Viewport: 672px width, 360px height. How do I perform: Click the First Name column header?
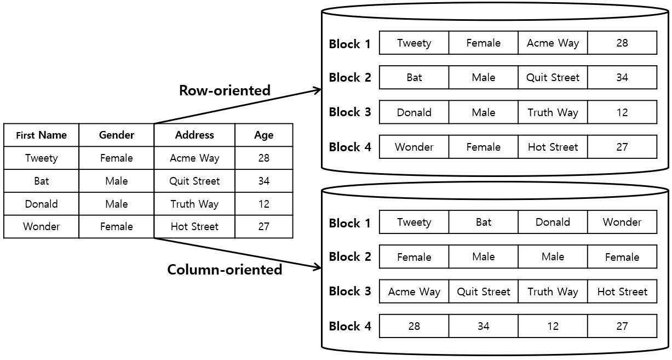[41, 135]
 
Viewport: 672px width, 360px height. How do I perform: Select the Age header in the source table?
[263, 135]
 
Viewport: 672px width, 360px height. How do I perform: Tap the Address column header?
[194, 135]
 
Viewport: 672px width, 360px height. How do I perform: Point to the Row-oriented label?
[225, 90]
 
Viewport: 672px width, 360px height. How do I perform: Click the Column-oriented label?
[225, 270]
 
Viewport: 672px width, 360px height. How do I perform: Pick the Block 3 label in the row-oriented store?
[350, 112]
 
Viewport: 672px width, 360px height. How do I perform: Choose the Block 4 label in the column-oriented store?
[350, 327]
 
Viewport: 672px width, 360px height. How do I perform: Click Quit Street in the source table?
[194, 181]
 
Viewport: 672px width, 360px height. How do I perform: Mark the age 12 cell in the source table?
[263, 204]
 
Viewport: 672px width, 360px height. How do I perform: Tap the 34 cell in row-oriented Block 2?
[622, 77]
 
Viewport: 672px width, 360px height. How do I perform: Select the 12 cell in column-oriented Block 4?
[553, 326]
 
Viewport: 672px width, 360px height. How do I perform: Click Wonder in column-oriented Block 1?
[622, 222]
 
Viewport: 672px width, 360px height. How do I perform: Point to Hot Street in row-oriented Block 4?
[553, 147]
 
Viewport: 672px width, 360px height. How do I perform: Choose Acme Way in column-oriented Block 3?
[414, 292]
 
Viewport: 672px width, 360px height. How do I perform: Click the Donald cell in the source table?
[41, 204]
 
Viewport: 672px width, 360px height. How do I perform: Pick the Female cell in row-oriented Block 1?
[483, 43]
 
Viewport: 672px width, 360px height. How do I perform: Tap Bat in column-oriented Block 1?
[483, 222]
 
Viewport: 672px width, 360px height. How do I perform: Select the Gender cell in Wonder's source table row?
[116, 226]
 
